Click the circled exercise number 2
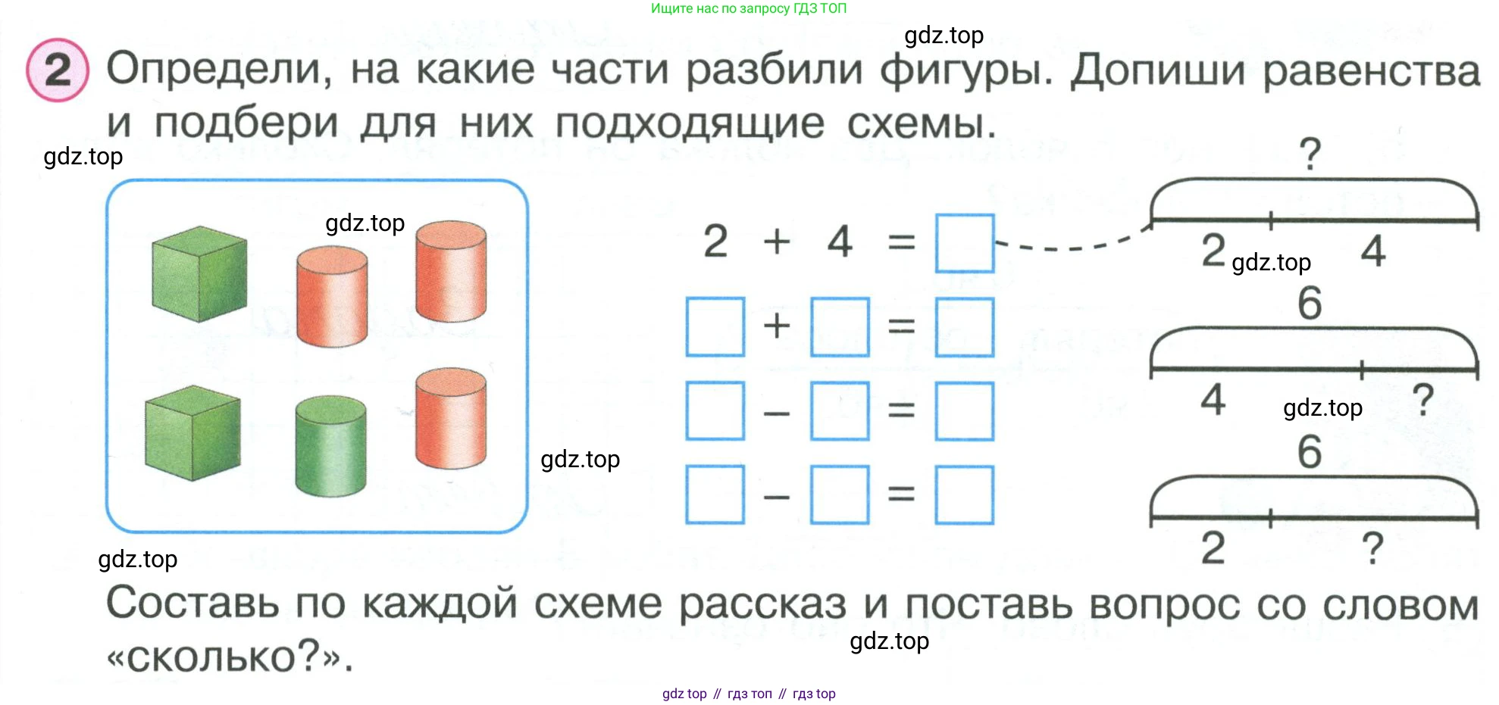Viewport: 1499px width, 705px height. click(58, 70)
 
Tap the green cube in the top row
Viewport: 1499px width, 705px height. click(199, 274)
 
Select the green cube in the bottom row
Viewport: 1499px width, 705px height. click(192, 433)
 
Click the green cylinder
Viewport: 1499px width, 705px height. click(330, 446)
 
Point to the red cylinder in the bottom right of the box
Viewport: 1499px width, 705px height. click(451, 419)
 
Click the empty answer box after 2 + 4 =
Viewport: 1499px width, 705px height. click(965, 243)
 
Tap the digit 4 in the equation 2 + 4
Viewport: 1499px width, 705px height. click(840, 242)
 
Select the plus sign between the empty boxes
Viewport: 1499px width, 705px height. click(777, 326)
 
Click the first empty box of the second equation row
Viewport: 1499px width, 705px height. click(715, 327)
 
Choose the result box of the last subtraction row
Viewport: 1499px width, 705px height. click(965, 495)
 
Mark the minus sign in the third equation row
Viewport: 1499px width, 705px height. click(777, 413)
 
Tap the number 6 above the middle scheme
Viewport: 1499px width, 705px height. click(1310, 303)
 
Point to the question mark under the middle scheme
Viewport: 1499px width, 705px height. click(1424, 399)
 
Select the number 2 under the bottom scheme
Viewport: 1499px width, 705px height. click(1213, 547)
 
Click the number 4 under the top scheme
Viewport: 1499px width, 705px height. click(1373, 251)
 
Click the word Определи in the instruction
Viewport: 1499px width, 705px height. click(219, 70)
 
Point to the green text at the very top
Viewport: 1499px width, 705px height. click(749, 8)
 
